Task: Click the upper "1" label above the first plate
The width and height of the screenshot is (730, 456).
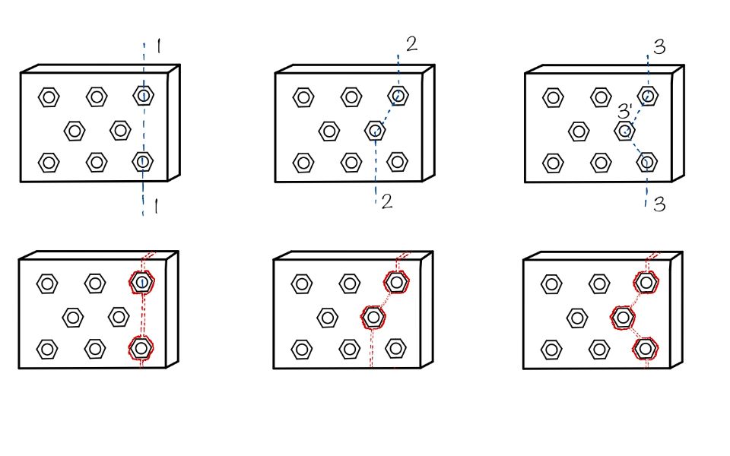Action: coord(157,48)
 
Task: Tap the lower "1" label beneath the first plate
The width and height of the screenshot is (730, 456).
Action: coord(156,207)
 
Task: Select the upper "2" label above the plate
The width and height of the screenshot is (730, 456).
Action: coord(411,44)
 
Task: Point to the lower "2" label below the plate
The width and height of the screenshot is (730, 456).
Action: coord(386,201)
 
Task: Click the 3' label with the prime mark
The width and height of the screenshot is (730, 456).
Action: coord(624,112)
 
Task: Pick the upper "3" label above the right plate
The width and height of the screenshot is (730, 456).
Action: coord(659,47)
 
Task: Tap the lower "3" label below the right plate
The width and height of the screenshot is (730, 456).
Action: coord(659,204)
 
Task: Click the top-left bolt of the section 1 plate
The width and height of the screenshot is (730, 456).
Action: coord(49,97)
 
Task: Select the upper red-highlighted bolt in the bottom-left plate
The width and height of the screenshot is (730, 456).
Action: coord(141,283)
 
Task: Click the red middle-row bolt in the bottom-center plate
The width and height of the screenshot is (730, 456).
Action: coord(373,316)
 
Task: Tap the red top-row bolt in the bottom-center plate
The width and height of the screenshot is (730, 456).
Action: coord(395,283)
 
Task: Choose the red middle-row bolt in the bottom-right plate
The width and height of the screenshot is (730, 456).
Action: coord(623,315)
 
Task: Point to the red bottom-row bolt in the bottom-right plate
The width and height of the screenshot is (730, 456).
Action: coord(646,348)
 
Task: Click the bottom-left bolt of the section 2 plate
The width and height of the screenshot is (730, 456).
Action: coord(303,162)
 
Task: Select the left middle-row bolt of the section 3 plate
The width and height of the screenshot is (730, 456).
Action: coord(579,131)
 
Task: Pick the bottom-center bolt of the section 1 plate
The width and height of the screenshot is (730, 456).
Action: coord(96,162)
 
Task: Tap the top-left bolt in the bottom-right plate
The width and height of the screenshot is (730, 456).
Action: coord(551,284)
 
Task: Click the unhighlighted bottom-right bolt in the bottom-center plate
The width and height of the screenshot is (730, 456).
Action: coord(395,348)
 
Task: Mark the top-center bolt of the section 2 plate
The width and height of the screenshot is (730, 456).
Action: coord(351,97)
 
